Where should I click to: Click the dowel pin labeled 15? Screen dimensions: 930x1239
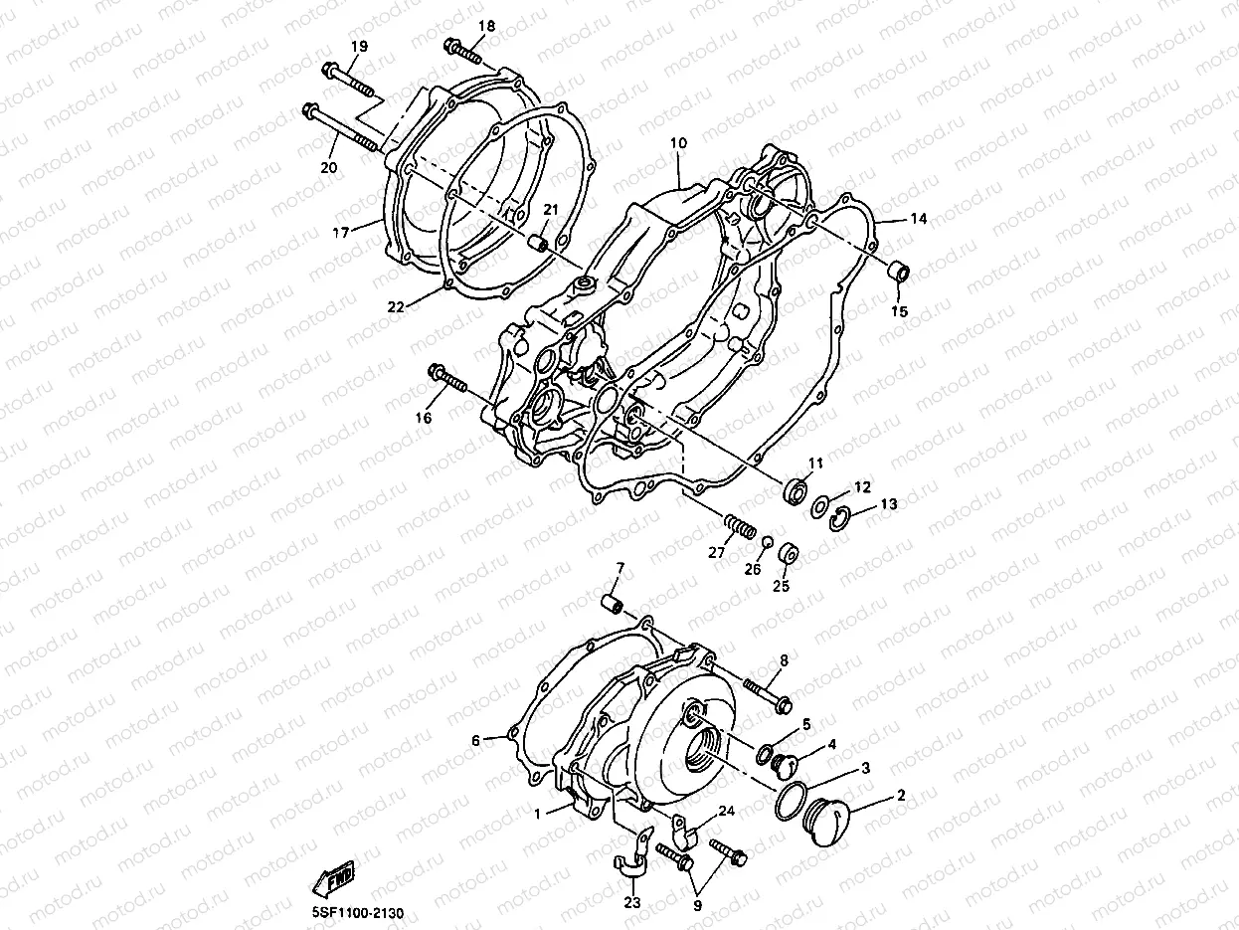point(897,271)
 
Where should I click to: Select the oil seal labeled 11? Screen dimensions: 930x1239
point(795,490)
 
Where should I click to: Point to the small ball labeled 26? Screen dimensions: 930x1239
point(767,541)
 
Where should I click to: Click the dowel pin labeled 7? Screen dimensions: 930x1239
point(615,606)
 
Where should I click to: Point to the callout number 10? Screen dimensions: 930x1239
point(678,143)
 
